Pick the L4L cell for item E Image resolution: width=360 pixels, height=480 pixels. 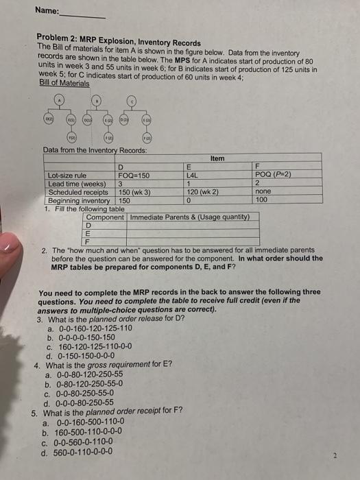coord(192,175)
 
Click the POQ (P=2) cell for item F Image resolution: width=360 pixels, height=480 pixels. coord(273,175)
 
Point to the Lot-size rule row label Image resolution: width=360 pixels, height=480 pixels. coord(67,176)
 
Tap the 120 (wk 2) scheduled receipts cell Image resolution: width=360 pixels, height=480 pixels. coord(204,192)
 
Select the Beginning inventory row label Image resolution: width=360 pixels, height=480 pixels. coord(77,200)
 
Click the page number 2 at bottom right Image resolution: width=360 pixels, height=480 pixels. coord(335,455)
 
